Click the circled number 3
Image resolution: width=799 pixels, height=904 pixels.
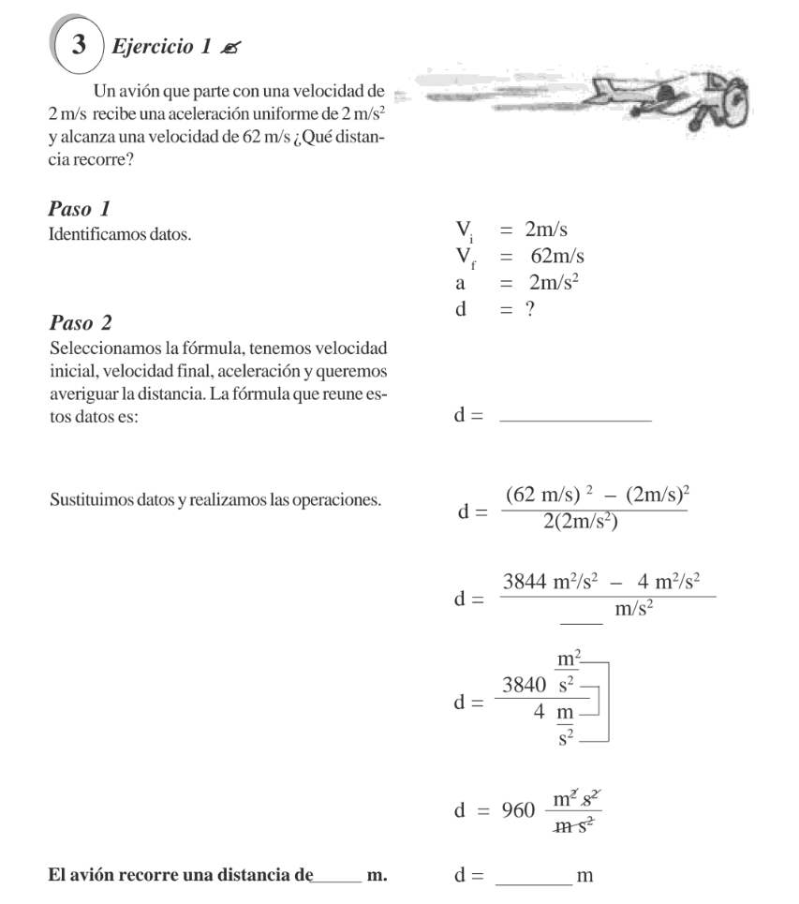pos(81,45)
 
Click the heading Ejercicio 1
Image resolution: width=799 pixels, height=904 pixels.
pos(154,48)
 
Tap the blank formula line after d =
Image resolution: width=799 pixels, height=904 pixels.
pos(576,418)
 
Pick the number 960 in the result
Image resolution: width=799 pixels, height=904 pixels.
pos(518,809)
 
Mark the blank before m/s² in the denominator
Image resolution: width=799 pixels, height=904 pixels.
pos(582,616)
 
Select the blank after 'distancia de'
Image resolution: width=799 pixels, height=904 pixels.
pos(337,877)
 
